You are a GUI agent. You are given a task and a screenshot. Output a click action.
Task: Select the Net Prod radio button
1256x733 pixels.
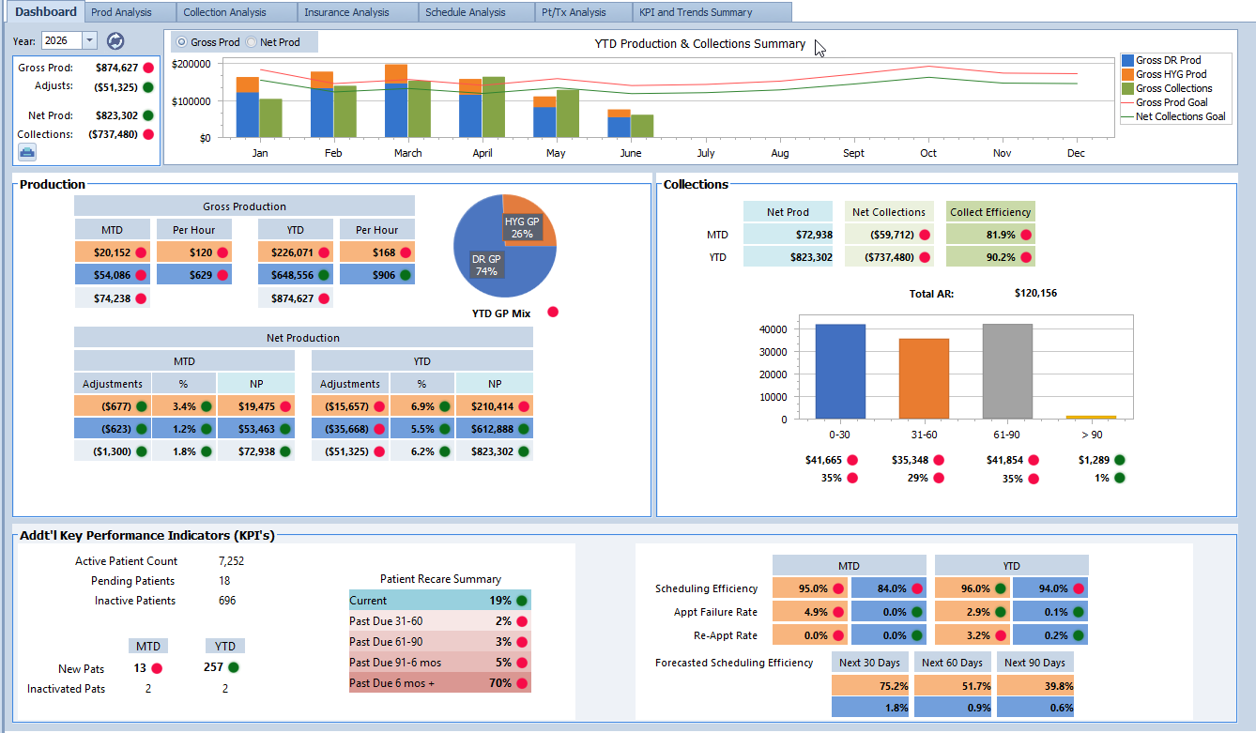click(252, 42)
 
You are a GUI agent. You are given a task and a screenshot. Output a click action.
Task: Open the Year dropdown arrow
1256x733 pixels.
click(89, 40)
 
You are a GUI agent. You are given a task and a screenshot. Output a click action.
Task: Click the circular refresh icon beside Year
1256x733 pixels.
click(115, 41)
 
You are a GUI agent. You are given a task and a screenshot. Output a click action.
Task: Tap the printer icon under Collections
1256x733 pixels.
click(27, 152)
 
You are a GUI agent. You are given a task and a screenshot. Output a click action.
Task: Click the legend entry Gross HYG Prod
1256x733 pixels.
click(1171, 74)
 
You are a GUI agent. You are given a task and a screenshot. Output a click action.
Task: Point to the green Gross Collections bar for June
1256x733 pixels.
click(642, 126)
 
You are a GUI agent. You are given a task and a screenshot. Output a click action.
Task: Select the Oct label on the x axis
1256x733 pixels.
click(928, 153)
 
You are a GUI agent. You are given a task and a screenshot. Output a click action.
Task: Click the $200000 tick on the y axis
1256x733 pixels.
click(191, 64)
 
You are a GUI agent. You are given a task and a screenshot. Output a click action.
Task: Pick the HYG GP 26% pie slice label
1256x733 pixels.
click(522, 227)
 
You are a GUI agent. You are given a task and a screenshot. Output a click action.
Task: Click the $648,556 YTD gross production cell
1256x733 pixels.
click(295, 275)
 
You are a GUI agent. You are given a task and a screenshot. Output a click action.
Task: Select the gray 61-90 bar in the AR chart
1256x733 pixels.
click(1007, 371)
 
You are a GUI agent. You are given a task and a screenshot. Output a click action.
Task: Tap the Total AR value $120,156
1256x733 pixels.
click(1035, 293)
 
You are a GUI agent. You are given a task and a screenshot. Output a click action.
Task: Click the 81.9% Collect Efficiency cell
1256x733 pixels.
click(990, 235)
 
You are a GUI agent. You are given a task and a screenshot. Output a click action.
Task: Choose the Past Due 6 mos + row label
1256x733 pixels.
click(391, 683)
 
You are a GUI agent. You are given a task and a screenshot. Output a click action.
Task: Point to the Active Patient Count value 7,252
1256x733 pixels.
click(231, 561)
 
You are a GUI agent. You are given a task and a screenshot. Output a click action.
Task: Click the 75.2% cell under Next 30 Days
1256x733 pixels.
click(871, 686)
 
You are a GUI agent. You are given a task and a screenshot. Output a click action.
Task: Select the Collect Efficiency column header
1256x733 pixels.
click(990, 212)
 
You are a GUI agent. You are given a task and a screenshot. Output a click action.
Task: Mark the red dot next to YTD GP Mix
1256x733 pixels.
click(553, 313)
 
